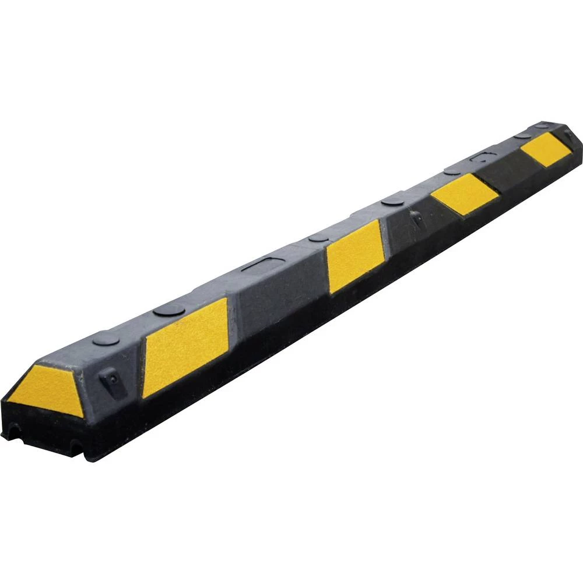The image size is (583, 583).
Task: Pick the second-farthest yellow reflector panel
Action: click(465, 193)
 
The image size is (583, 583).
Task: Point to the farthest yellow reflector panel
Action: click(546, 149)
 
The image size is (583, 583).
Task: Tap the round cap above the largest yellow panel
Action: click(169, 310)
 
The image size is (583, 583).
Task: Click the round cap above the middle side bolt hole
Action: click(393, 201)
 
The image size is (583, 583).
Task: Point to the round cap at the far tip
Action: click(542, 125)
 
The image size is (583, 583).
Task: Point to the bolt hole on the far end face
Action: click(568, 135)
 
